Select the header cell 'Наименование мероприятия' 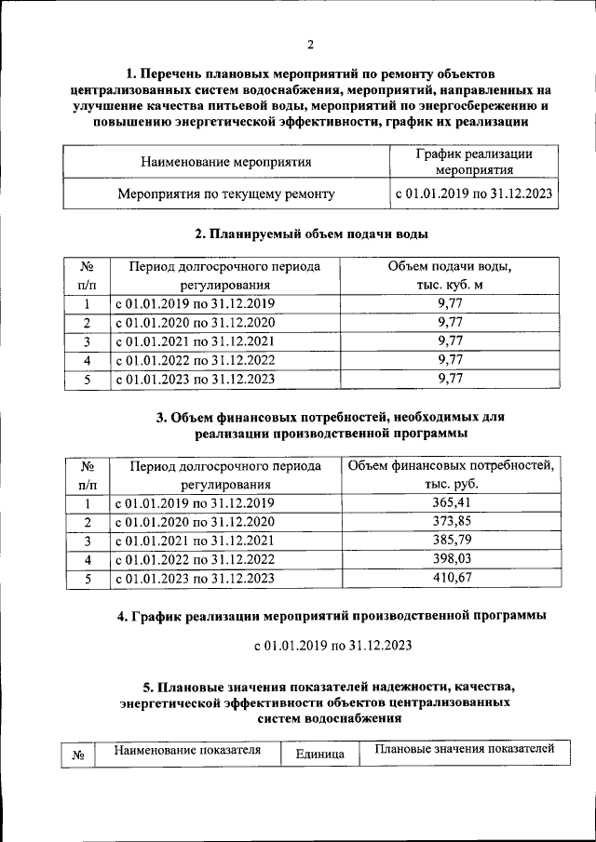pyautogui.click(x=225, y=162)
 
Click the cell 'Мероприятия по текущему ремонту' pyautogui.click(x=225, y=194)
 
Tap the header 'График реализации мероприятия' pyautogui.click(x=473, y=162)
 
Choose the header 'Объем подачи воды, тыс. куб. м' pyautogui.click(x=450, y=275)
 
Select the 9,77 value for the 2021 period pyautogui.click(x=450, y=341)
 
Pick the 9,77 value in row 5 pyautogui.click(x=450, y=378)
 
